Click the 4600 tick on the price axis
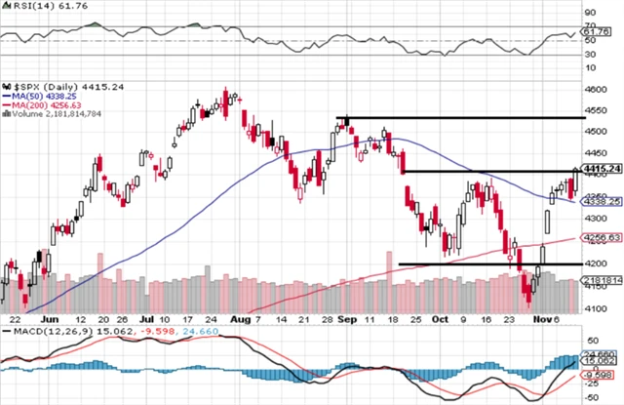(x=594, y=89)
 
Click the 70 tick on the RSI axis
(x=589, y=25)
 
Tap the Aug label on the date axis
(x=240, y=318)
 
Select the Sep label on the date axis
(x=348, y=318)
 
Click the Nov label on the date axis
(x=541, y=318)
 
